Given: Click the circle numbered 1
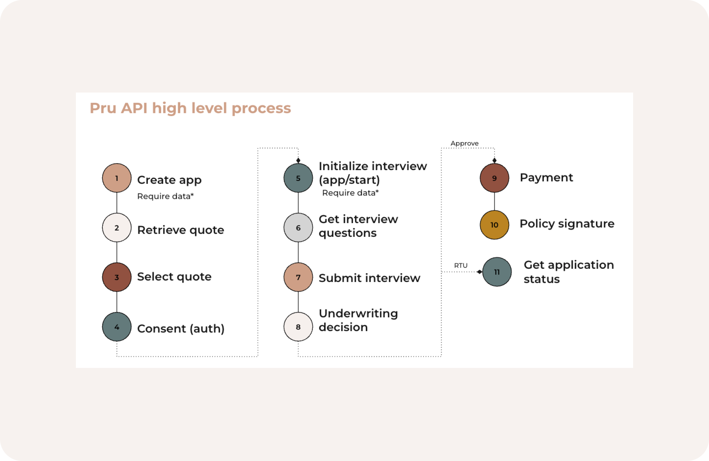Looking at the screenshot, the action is pyautogui.click(x=117, y=178).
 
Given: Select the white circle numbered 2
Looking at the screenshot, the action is pyautogui.click(x=117, y=228).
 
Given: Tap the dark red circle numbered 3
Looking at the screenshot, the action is pyautogui.click(x=117, y=277).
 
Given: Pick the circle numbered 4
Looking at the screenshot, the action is pyautogui.click(x=117, y=327).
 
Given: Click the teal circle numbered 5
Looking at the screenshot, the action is pyautogui.click(x=298, y=178).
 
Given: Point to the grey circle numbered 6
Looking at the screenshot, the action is pyautogui.click(x=298, y=228).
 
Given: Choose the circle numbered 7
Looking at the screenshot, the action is pyautogui.click(x=298, y=277).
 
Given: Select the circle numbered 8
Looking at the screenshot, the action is pyautogui.click(x=298, y=327).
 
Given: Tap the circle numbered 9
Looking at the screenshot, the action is pyautogui.click(x=495, y=178).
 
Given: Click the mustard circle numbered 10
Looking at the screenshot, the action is pyautogui.click(x=495, y=225).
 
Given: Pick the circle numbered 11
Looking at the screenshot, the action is pyautogui.click(x=497, y=272).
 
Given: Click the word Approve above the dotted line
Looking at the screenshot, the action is pyautogui.click(x=464, y=143).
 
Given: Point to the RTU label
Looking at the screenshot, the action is pyautogui.click(x=461, y=265).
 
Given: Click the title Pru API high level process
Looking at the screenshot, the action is pyautogui.click(x=190, y=108).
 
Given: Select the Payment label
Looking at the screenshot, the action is pyautogui.click(x=546, y=178).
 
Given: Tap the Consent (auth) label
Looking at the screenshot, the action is pyautogui.click(x=181, y=329).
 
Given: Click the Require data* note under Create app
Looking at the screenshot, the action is pyautogui.click(x=165, y=196).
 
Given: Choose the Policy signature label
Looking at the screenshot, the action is pyautogui.click(x=567, y=224).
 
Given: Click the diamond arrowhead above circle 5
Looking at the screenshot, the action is pyautogui.click(x=298, y=160).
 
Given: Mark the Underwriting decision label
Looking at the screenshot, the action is pyautogui.click(x=358, y=320).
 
